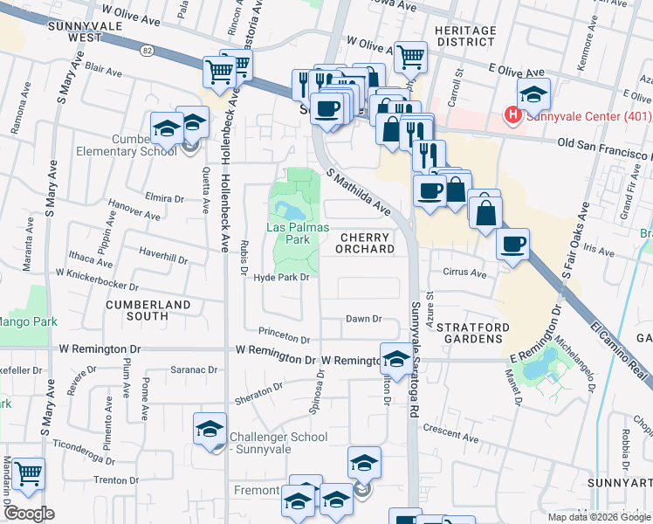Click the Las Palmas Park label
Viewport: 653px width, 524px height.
tap(286, 233)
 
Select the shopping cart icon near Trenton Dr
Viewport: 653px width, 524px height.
tap(28, 472)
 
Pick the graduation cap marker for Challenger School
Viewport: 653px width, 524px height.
tap(210, 429)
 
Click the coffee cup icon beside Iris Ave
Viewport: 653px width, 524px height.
tap(513, 243)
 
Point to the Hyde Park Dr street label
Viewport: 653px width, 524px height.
tap(281, 278)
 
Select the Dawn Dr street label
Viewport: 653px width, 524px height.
tap(364, 319)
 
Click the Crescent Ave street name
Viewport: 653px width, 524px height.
tap(450, 432)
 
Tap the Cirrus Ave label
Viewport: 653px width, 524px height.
tap(464, 272)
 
